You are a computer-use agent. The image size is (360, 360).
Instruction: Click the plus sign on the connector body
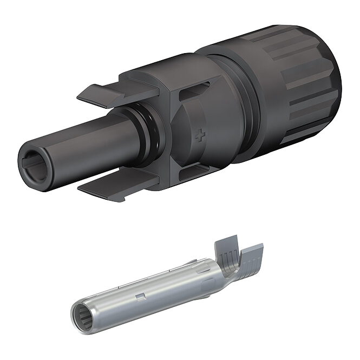pyautogui.click(x=200, y=135)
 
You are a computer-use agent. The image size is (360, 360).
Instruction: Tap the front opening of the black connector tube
pyautogui.click(x=34, y=161)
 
